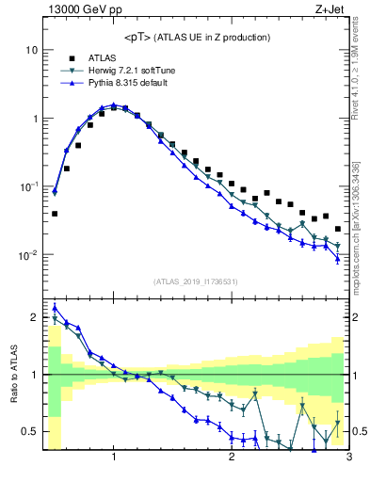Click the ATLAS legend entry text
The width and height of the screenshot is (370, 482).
tap(103, 58)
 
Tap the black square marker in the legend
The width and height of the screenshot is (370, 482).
tap(71, 58)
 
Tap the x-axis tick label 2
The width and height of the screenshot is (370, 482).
tap(232, 458)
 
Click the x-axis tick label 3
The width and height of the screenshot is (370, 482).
tap(348, 458)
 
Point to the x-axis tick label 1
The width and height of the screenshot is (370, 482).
tap(114, 458)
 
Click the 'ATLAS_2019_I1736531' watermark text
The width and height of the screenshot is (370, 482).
tap(196, 281)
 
